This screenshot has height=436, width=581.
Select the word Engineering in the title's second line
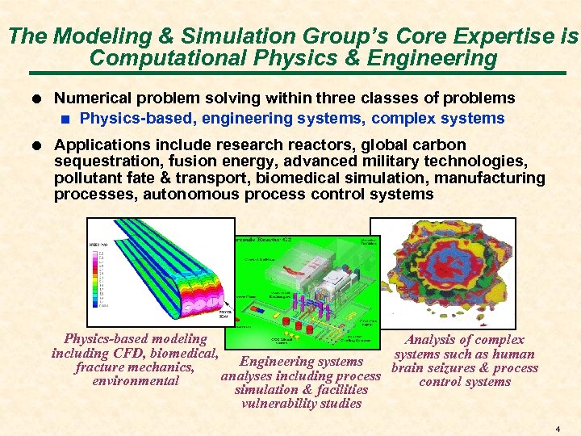[x=436, y=58]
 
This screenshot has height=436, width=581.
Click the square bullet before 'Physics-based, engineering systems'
[x=68, y=119]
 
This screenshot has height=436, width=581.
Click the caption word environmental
[x=136, y=381]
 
